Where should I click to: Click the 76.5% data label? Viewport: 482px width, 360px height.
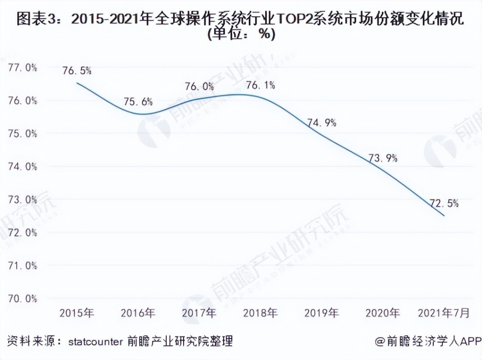[x=77, y=71]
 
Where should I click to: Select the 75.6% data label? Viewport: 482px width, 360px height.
[x=138, y=102]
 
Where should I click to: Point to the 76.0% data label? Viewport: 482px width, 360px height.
[x=200, y=87]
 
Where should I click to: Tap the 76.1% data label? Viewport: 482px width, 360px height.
[x=261, y=85]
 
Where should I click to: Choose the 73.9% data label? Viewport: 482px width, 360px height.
[x=383, y=159]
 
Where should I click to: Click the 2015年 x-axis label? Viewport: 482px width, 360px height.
[x=77, y=314]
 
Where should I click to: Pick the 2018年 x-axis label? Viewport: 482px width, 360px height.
[x=261, y=314]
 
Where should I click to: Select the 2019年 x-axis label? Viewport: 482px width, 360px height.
[x=322, y=314]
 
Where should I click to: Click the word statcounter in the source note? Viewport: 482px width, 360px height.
[x=95, y=343]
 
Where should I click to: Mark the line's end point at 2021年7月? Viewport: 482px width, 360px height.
[x=444, y=215]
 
